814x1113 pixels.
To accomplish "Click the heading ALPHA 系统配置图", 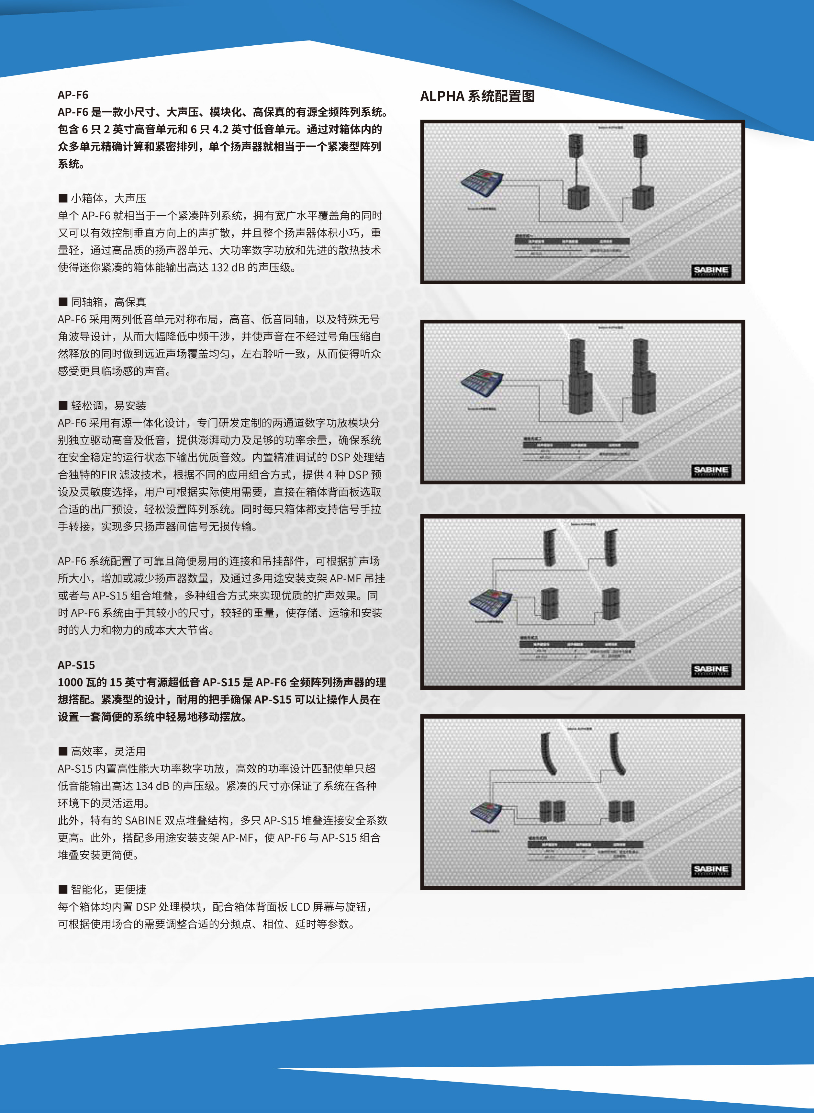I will click(x=477, y=96).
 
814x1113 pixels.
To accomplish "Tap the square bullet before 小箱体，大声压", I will click(x=63, y=198).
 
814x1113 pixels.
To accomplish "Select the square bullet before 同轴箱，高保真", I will click(x=63, y=302).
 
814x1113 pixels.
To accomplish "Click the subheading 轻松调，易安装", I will click(x=108, y=405).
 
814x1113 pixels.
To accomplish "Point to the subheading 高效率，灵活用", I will click(x=108, y=751).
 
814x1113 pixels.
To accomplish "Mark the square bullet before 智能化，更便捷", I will click(x=63, y=889).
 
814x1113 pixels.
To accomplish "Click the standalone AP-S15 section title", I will click(x=76, y=665).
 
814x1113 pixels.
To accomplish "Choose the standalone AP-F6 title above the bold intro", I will click(x=73, y=95).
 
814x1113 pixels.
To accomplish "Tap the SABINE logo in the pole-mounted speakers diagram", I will click(x=710, y=270).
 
